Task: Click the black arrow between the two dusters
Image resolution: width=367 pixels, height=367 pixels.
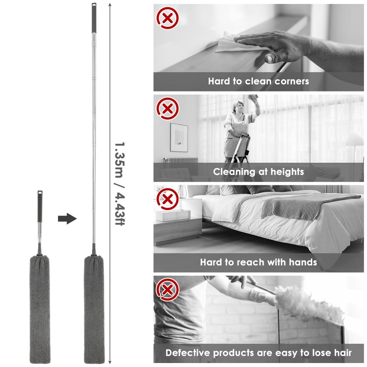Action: pos(67,218)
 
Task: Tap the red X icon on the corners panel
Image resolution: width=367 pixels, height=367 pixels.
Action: pos(167,18)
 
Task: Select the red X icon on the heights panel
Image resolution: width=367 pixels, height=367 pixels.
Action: pos(167,108)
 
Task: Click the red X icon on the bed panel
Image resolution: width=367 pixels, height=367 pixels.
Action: pos(167,199)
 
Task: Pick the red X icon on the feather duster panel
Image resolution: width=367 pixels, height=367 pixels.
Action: pos(167,289)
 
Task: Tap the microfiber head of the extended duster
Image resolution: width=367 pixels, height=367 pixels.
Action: pos(94,308)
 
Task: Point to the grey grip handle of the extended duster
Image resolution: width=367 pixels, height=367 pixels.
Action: pos(94,18)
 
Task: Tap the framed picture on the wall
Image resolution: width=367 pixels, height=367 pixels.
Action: pos(179,137)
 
